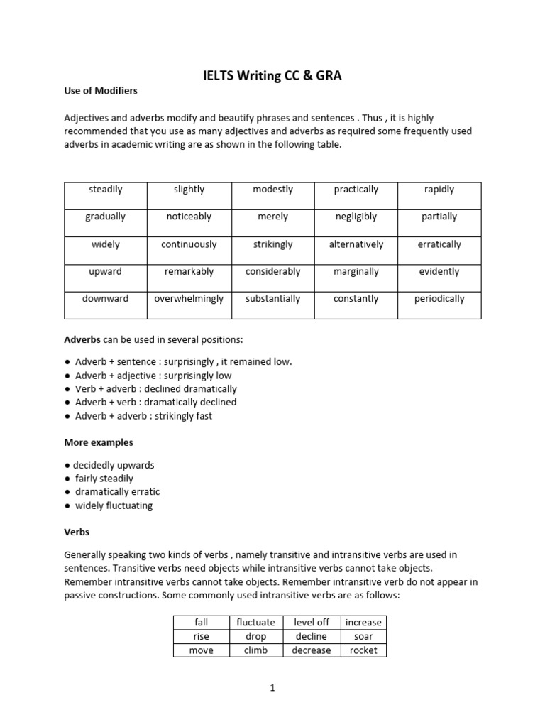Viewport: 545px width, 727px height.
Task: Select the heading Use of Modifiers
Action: pyautogui.click(x=101, y=91)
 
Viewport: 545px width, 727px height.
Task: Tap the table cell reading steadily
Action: pyautogui.click(x=106, y=190)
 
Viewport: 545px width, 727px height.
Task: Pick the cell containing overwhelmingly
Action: pyautogui.click(x=189, y=299)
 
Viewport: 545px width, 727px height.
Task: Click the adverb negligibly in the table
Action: pyautogui.click(x=356, y=217)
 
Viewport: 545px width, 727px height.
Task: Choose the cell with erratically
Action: pyautogui.click(x=439, y=244)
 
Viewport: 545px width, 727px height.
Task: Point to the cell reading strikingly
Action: pyautogui.click(x=272, y=244)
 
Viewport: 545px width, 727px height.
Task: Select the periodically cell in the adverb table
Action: pyautogui.click(x=439, y=299)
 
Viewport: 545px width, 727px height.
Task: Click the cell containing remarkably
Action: pyautogui.click(x=189, y=271)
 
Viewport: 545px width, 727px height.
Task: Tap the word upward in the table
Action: pyautogui.click(x=106, y=271)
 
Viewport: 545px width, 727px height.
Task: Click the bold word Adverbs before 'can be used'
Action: pyautogui.click(x=82, y=339)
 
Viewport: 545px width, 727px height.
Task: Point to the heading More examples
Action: pyautogui.click(x=99, y=442)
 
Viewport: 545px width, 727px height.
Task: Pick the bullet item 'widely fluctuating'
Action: pyautogui.click(x=114, y=505)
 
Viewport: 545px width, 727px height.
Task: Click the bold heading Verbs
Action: pyautogui.click(x=77, y=532)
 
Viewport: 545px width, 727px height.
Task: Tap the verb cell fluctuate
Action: pyautogui.click(x=255, y=623)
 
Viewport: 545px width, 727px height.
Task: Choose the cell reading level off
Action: pyautogui.click(x=312, y=623)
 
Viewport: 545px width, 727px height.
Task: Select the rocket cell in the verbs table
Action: pyautogui.click(x=363, y=650)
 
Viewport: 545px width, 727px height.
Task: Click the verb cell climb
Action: pyautogui.click(x=255, y=650)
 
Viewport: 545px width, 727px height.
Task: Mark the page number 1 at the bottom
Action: pyautogui.click(x=272, y=688)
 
